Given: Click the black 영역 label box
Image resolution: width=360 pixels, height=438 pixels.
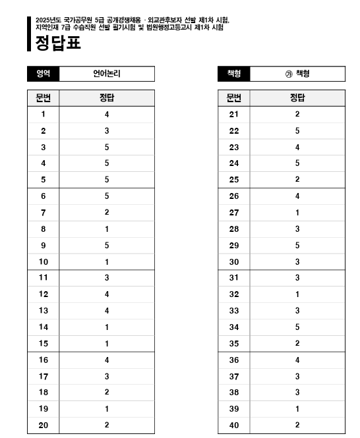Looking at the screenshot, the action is point(43,74).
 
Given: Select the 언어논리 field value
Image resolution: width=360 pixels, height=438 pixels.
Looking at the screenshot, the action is point(106,74).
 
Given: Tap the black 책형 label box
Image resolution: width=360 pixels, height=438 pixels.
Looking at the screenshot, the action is point(233,74).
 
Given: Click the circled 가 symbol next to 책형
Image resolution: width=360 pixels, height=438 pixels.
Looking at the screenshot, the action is point(288,74).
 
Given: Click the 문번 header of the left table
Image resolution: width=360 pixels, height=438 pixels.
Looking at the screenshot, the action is point(43,98).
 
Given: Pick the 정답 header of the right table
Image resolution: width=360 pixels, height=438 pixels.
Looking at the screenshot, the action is point(297,98).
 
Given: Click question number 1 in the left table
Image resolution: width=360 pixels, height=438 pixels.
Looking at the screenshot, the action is point(44,115).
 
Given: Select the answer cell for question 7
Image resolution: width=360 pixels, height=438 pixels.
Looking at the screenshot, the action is point(106,213).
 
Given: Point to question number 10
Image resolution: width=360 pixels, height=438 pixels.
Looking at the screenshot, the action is point(44,261).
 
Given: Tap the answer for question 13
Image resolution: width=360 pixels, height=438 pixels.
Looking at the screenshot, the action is point(106,311).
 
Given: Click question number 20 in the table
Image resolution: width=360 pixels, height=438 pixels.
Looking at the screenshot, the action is point(44,425).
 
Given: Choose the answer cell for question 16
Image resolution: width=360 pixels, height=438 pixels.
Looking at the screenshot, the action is point(106,360).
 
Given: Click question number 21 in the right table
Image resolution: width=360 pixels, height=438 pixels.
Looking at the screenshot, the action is point(234,115).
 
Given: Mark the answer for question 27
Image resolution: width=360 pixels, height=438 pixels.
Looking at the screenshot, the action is point(297,213).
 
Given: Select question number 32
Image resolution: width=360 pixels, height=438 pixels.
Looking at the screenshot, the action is point(234,294).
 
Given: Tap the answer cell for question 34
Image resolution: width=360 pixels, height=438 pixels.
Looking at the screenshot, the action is point(297,327).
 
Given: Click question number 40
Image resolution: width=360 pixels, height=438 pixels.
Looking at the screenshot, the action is point(234,425).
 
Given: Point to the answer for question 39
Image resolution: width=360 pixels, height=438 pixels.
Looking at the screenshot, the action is point(297,409).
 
